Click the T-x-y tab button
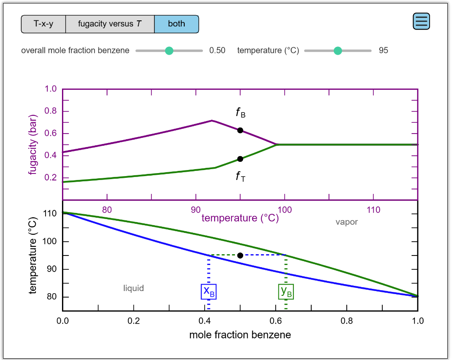click(x=43, y=24)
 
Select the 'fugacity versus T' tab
click(x=110, y=24)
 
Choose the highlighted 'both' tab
click(x=176, y=24)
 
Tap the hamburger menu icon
click(x=421, y=21)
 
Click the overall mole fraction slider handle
click(x=169, y=51)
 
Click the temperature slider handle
click(x=338, y=51)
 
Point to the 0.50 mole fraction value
click(x=217, y=50)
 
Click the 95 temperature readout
click(x=383, y=50)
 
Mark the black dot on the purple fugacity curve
click(x=240, y=130)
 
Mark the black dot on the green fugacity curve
click(x=240, y=159)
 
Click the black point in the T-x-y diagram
click(x=240, y=255)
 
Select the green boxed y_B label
click(x=286, y=291)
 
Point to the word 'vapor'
click(x=347, y=222)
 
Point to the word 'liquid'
click(x=134, y=288)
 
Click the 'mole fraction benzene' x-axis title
click(x=240, y=335)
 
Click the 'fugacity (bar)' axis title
click(x=33, y=144)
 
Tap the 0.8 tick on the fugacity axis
click(x=51, y=111)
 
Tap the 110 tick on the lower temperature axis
click(x=51, y=214)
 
